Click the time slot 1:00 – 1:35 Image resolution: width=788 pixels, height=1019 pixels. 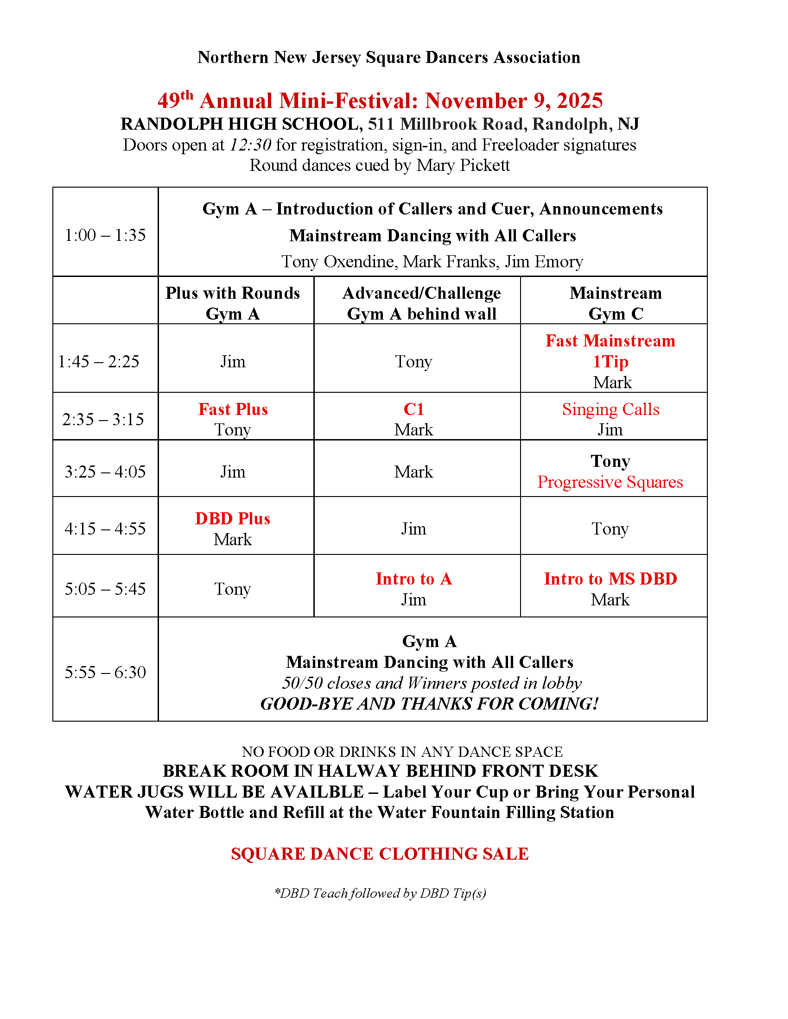pos(105,235)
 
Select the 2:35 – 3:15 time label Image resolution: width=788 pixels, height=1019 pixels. pos(103,419)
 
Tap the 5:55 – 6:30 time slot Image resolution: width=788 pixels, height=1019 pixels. pos(105,672)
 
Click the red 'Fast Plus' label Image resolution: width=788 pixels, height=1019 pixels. pos(233,409)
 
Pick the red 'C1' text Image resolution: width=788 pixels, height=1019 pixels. pos(413,409)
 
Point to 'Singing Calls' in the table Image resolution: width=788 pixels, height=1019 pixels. pos(610,409)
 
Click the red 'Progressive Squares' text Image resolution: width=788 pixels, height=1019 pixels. pos(610,482)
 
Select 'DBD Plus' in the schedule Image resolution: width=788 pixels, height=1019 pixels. pos(233,518)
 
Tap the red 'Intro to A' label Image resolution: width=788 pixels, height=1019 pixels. pos(413,579)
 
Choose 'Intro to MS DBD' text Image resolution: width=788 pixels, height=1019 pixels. pos(610,579)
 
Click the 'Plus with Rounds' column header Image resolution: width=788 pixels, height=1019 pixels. pos(233,293)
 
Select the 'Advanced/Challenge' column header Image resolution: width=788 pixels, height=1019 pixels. pos(421,293)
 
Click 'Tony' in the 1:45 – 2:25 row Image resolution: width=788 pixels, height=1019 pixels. pos(413,362)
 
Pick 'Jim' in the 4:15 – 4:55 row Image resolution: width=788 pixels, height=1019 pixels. pos(413,528)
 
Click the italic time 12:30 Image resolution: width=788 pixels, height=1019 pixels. pos(250,145)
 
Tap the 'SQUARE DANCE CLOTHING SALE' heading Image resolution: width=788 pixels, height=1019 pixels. pos(380,854)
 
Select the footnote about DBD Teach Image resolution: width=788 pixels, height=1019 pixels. pos(380,893)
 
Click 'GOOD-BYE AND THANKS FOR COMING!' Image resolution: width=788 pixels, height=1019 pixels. pos(430,704)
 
